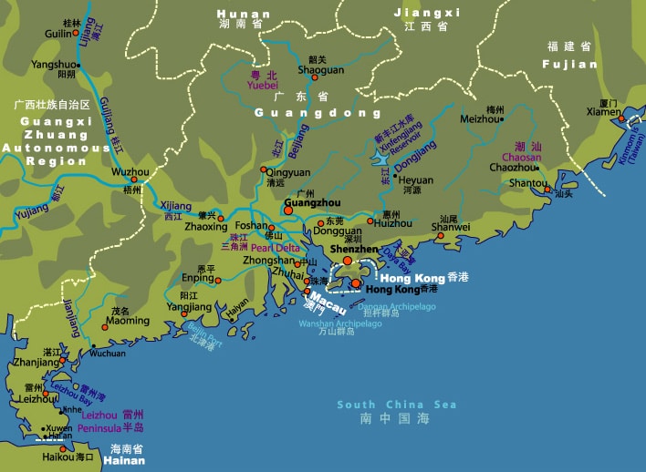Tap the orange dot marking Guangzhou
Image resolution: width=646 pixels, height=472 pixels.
coord(288,210)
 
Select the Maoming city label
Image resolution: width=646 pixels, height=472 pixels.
coord(127,321)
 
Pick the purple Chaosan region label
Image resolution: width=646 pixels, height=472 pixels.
coord(521,157)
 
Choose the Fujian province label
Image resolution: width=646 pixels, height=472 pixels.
coord(569,65)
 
